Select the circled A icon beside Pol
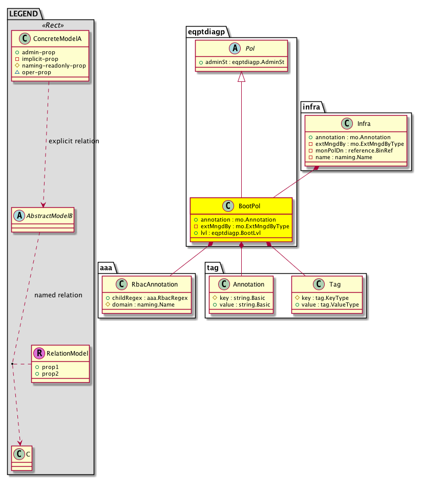236,49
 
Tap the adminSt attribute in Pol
242,62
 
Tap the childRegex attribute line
146,297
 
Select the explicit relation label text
73,141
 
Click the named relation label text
58,295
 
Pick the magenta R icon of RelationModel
38,353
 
